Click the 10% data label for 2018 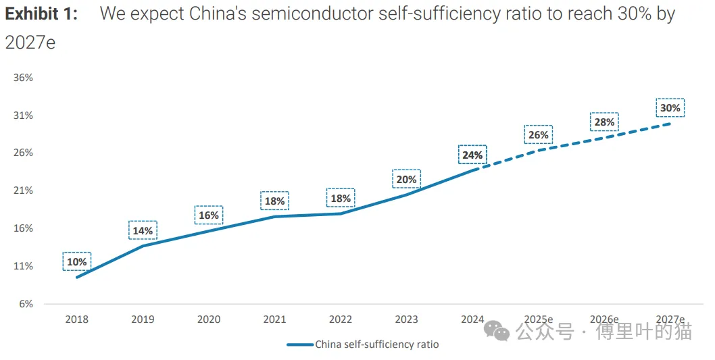[x=76, y=261]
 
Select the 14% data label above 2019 [x=143, y=230]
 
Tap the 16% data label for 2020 [x=209, y=215]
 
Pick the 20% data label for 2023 [x=406, y=179]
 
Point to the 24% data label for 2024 [x=472, y=155]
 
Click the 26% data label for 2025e [x=538, y=134]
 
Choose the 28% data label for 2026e [x=604, y=122]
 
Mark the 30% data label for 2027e [x=670, y=107]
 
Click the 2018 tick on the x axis [x=76, y=319]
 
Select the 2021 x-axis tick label [x=274, y=319]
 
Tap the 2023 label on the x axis [x=406, y=319]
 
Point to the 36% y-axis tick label [x=24, y=78]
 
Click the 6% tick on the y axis [x=26, y=304]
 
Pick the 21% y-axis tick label [x=24, y=190]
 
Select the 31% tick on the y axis [x=24, y=115]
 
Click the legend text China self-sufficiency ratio [x=376, y=344]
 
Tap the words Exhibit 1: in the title [x=41, y=14]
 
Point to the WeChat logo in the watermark [x=501, y=331]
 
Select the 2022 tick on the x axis [x=341, y=319]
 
